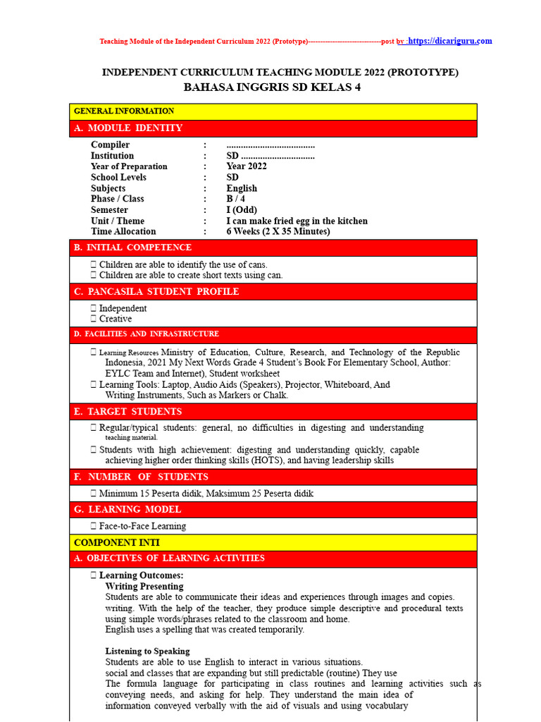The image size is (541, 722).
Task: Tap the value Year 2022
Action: (x=247, y=166)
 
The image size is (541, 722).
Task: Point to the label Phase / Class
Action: (x=118, y=199)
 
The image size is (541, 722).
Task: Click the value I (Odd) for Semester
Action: (x=242, y=210)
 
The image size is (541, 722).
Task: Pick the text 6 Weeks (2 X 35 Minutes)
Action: (x=278, y=231)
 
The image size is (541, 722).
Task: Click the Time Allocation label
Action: (x=123, y=231)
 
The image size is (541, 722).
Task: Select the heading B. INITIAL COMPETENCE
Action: (x=132, y=247)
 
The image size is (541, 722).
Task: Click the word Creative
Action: (x=116, y=319)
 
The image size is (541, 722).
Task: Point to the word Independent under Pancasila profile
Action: (x=123, y=308)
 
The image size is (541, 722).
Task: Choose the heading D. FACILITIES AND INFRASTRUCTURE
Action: (x=147, y=334)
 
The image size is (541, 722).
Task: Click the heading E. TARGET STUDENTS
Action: (x=128, y=411)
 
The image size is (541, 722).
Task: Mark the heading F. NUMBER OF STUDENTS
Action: (x=141, y=477)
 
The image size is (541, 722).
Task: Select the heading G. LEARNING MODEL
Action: (x=128, y=509)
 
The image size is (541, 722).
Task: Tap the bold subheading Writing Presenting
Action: (x=144, y=586)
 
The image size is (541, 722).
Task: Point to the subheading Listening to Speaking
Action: (x=147, y=651)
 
